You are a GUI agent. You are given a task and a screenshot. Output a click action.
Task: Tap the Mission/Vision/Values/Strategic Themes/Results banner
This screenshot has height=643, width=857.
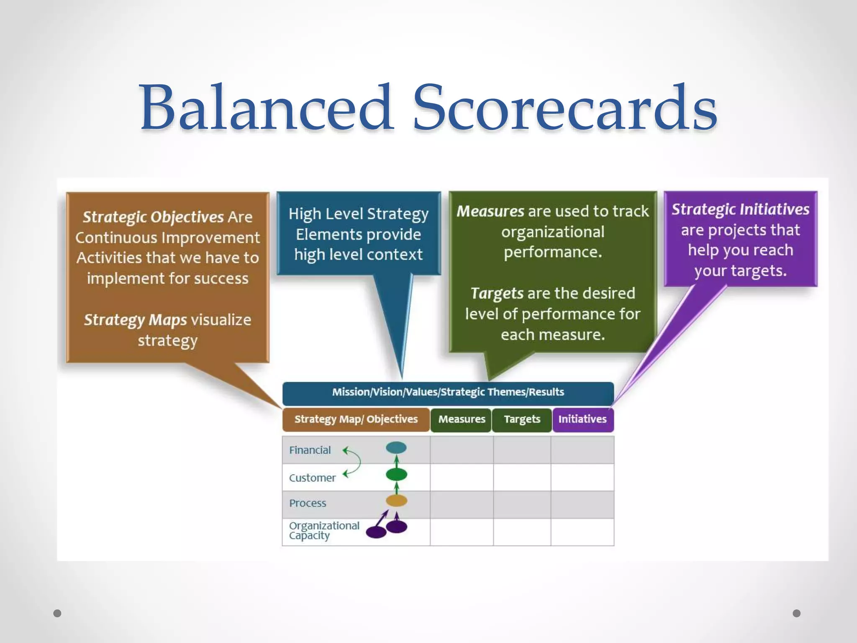448,393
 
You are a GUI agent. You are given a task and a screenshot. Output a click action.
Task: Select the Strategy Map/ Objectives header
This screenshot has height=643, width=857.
356,419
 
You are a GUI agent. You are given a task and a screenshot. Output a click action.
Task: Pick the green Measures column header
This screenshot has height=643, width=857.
461,419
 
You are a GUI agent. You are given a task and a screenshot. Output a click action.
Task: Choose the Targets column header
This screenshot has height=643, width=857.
522,419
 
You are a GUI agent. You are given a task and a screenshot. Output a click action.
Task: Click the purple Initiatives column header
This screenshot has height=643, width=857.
582,419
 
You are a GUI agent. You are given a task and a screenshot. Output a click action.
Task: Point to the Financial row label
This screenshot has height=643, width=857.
310,450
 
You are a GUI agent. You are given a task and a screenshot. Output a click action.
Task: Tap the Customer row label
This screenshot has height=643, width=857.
312,478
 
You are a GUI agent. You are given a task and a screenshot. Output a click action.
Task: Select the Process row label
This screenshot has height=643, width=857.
308,503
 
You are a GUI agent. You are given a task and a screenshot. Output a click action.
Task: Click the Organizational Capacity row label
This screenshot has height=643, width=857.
324,530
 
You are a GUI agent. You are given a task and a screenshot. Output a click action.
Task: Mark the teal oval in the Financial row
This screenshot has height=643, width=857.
396,448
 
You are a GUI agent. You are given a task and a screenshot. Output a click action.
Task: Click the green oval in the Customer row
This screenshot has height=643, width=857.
396,475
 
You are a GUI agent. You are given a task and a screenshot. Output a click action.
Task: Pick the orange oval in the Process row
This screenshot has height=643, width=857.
396,501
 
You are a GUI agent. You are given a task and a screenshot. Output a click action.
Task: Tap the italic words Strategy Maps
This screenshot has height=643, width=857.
135,320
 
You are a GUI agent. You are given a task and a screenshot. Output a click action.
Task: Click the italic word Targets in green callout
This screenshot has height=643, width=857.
497,293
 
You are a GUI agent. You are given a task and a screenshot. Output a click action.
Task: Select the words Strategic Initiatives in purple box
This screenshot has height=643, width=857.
740,209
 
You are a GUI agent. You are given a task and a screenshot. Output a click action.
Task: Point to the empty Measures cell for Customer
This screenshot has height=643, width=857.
462,477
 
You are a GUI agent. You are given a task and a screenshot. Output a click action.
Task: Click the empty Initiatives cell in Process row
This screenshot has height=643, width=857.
582,504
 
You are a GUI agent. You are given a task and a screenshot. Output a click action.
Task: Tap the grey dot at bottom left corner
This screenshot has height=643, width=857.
57,613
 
